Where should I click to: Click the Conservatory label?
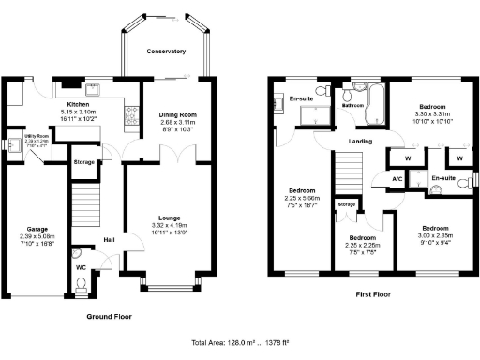(x=165, y=52)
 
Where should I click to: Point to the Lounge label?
(x=169, y=217)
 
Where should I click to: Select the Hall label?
(x=110, y=238)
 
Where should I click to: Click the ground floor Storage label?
(x=84, y=162)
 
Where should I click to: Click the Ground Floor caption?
(x=109, y=317)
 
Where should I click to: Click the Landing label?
(x=360, y=142)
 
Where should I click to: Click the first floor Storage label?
(x=346, y=203)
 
